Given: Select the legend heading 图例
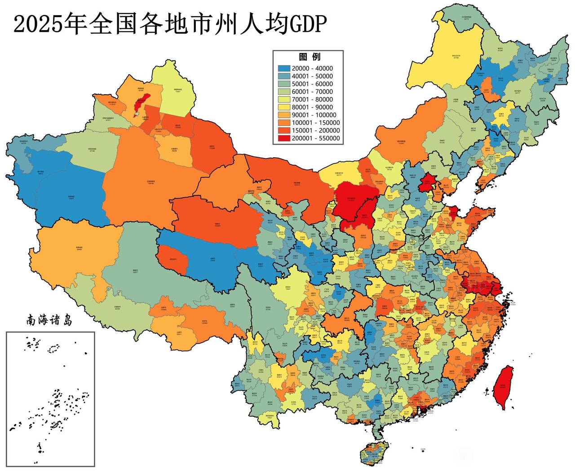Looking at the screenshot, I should pyautogui.click(x=310, y=57).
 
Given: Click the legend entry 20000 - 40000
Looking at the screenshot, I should pyautogui.click(x=312, y=68).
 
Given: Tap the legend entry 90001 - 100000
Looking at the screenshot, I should pyautogui.click(x=314, y=115).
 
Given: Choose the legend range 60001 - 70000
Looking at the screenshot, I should pyautogui.click(x=312, y=92).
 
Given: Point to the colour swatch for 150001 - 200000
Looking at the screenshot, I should pyautogui.click(x=283, y=131).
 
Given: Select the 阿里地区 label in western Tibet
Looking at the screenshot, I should pyautogui.click(x=79, y=248).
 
